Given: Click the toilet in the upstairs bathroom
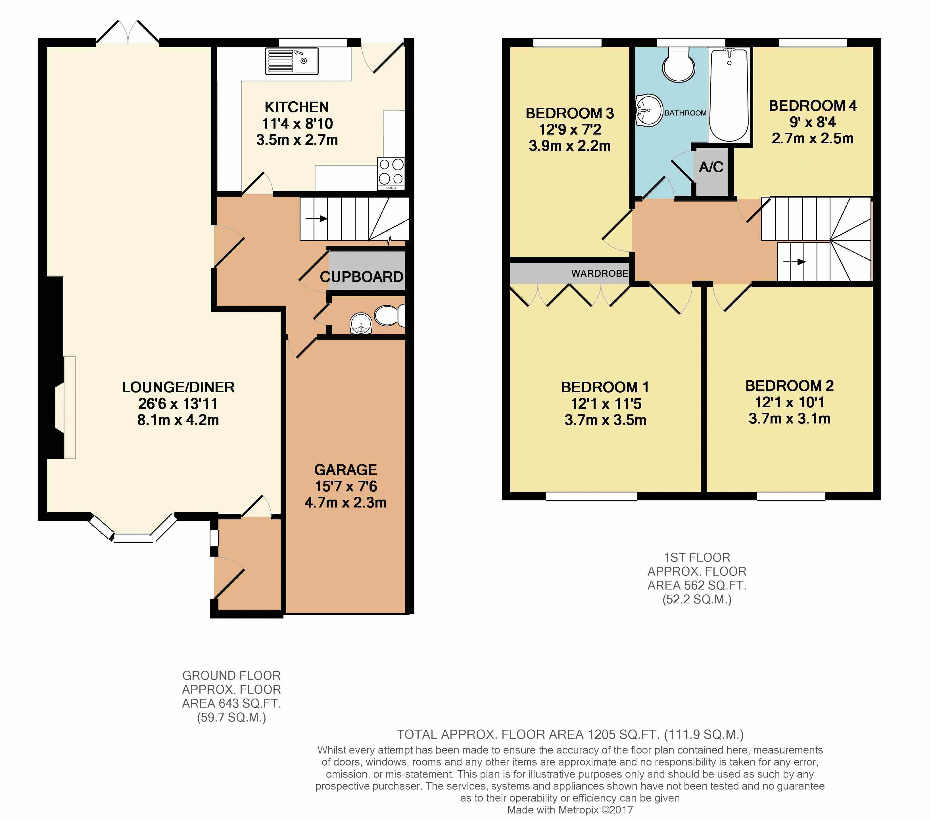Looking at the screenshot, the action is pyautogui.click(x=679, y=65).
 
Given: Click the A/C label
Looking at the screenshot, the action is pyautogui.click(x=711, y=167).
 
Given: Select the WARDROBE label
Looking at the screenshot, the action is pyautogui.click(x=599, y=273).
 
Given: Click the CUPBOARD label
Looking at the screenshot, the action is pyautogui.click(x=361, y=276).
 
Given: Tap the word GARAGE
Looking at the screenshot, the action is pyautogui.click(x=345, y=469).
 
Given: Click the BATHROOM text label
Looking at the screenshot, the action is pyautogui.click(x=685, y=113).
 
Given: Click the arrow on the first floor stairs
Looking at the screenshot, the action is pyautogui.click(x=794, y=262).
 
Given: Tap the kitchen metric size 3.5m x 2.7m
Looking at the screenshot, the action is pyautogui.click(x=297, y=140).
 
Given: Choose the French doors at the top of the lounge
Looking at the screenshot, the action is pyautogui.click(x=128, y=32).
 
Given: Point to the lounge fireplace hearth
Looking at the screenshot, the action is pyautogui.click(x=70, y=408).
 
